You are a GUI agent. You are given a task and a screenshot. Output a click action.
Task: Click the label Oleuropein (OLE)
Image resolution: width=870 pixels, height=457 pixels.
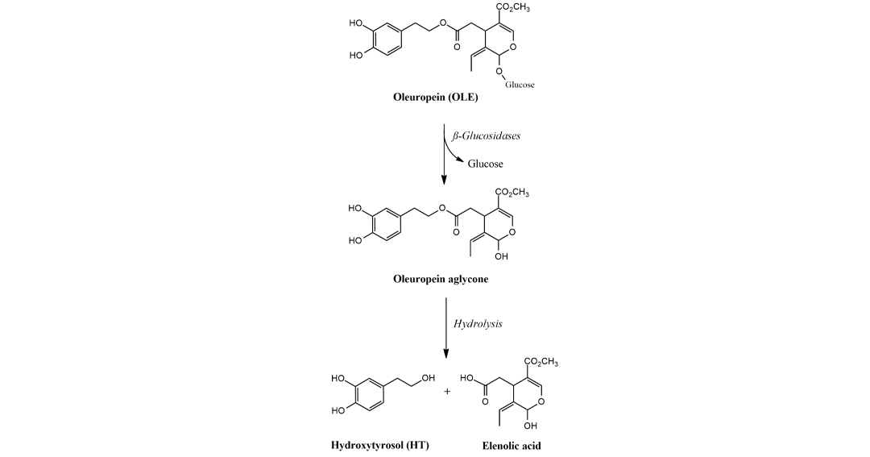click(436, 98)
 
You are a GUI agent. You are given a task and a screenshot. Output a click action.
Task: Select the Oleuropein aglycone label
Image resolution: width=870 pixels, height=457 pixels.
click(441, 279)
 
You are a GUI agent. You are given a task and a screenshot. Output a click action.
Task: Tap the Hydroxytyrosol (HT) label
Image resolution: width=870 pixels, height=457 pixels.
click(380, 446)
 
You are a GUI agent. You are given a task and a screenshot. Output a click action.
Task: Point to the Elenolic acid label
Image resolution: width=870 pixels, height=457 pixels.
click(512, 446)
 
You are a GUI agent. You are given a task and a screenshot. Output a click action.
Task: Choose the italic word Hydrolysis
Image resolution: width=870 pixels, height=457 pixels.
click(478, 324)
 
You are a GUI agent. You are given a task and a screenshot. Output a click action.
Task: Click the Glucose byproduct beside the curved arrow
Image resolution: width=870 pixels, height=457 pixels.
click(486, 164)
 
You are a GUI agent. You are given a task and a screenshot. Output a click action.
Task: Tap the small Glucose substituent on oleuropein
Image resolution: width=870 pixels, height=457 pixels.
click(520, 85)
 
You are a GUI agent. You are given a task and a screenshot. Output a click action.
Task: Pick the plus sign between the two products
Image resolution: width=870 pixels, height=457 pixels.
click(447, 392)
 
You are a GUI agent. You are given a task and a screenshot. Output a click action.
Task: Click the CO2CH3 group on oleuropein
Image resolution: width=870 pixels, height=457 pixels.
click(512, 8)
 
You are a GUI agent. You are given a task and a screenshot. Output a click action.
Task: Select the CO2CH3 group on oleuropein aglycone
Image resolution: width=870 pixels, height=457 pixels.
click(512, 193)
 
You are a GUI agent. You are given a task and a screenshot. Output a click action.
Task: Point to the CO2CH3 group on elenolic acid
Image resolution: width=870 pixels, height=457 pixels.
click(541, 362)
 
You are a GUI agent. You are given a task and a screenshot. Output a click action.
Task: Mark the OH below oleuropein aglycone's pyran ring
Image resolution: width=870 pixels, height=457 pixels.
click(501, 256)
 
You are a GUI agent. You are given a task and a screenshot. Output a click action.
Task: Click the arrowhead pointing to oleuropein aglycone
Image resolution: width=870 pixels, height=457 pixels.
click(444, 180)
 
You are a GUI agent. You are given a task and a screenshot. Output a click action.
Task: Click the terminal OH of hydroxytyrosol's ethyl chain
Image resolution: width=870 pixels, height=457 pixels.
click(429, 379)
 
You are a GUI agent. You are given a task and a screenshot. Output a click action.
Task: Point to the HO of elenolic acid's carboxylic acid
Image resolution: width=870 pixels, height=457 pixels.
click(466, 379)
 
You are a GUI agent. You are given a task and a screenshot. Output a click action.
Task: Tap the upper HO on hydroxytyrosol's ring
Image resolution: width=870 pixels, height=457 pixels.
click(338, 379)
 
